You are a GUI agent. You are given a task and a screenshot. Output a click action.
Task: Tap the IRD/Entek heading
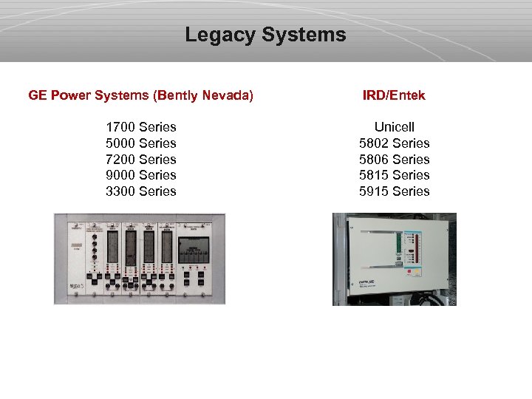(x=394, y=95)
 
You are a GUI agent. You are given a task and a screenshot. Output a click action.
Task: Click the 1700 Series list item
(x=141, y=127)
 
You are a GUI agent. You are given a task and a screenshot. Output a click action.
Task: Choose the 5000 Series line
(x=141, y=143)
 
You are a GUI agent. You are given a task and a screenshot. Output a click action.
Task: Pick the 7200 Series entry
(x=141, y=160)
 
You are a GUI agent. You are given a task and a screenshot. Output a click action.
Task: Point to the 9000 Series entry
(x=141, y=175)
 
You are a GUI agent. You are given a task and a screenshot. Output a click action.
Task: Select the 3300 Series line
(x=141, y=191)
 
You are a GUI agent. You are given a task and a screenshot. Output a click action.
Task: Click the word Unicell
(x=394, y=127)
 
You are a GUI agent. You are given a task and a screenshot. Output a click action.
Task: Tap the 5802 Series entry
(x=394, y=143)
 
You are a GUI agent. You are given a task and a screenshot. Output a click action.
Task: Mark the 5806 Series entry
(x=394, y=160)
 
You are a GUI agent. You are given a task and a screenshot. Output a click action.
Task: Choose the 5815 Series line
(x=394, y=175)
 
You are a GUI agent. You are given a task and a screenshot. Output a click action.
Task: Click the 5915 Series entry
(x=394, y=191)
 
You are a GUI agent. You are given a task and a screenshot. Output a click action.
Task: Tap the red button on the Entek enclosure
(x=409, y=271)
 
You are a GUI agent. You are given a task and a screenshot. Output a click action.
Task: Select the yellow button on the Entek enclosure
(x=417, y=271)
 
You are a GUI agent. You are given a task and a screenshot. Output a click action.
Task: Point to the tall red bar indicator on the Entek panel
(x=417, y=248)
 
